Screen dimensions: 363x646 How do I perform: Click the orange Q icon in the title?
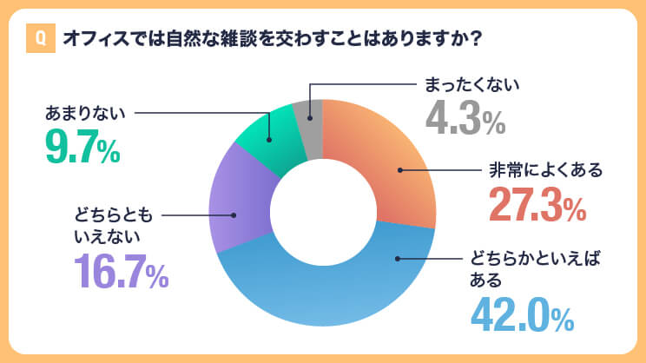[38, 39]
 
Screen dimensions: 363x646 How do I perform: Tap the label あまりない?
[86, 112]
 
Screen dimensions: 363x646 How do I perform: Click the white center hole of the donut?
[322, 213]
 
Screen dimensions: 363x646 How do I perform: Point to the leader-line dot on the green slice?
[270, 140]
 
